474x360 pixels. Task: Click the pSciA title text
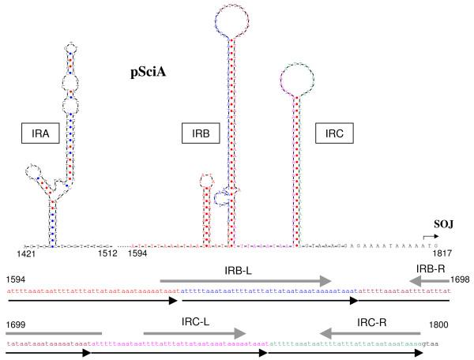coord(147,75)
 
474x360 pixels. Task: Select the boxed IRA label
coord(42,134)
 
